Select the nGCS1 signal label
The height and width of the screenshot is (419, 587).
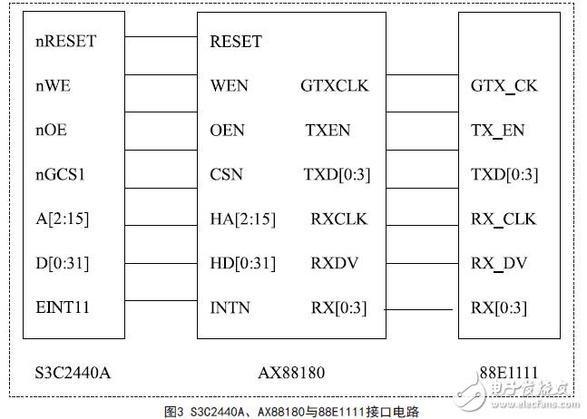coord(62,174)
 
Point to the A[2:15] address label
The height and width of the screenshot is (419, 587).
coord(63,219)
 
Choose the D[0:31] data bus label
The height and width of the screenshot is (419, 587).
coord(64,263)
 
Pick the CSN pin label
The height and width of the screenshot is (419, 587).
coord(226,174)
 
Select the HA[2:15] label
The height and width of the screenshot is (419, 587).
coord(242,219)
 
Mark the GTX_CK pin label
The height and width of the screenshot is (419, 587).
coord(504,86)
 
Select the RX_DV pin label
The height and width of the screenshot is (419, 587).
coord(499,263)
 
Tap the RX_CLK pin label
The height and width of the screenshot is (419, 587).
coord(503,219)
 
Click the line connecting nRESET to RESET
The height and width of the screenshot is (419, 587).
coord(161,37)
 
